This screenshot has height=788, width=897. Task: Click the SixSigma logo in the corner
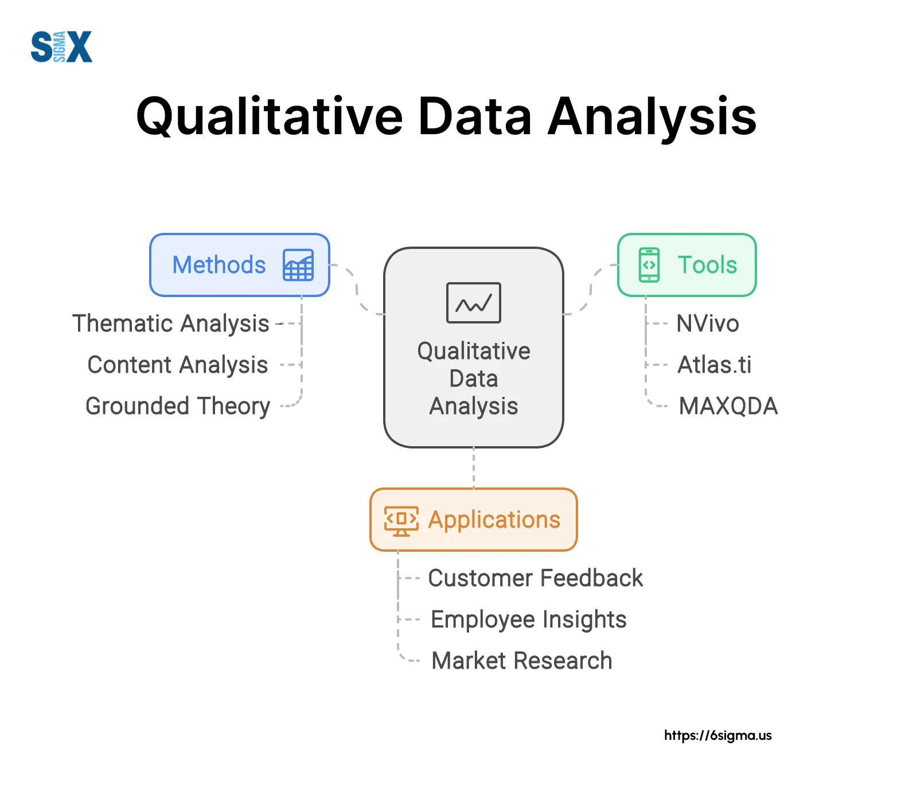tap(61, 47)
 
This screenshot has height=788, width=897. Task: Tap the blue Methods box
tap(239, 265)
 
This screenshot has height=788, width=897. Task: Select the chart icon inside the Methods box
tap(298, 265)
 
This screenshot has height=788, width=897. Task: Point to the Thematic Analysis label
tap(170, 323)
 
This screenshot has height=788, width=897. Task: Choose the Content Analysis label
tap(177, 365)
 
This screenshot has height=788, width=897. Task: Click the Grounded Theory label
tap(177, 406)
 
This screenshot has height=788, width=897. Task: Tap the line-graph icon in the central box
tap(473, 303)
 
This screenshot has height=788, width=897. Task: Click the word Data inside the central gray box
tap(473, 379)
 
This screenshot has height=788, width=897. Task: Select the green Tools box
tap(687, 265)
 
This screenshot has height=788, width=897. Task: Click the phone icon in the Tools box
tap(649, 265)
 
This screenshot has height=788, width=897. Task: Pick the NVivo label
tap(708, 323)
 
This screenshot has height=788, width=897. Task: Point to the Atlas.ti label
tap(714, 365)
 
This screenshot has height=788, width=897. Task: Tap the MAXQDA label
tap(728, 406)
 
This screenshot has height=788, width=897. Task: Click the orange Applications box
tap(473, 520)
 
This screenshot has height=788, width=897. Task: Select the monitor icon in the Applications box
tap(401, 520)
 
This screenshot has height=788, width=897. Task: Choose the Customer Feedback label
tap(535, 578)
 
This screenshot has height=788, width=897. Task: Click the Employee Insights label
tap(528, 619)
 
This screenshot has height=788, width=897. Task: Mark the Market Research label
tap(521, 661)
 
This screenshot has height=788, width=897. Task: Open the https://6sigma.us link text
tap(717, 735)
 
